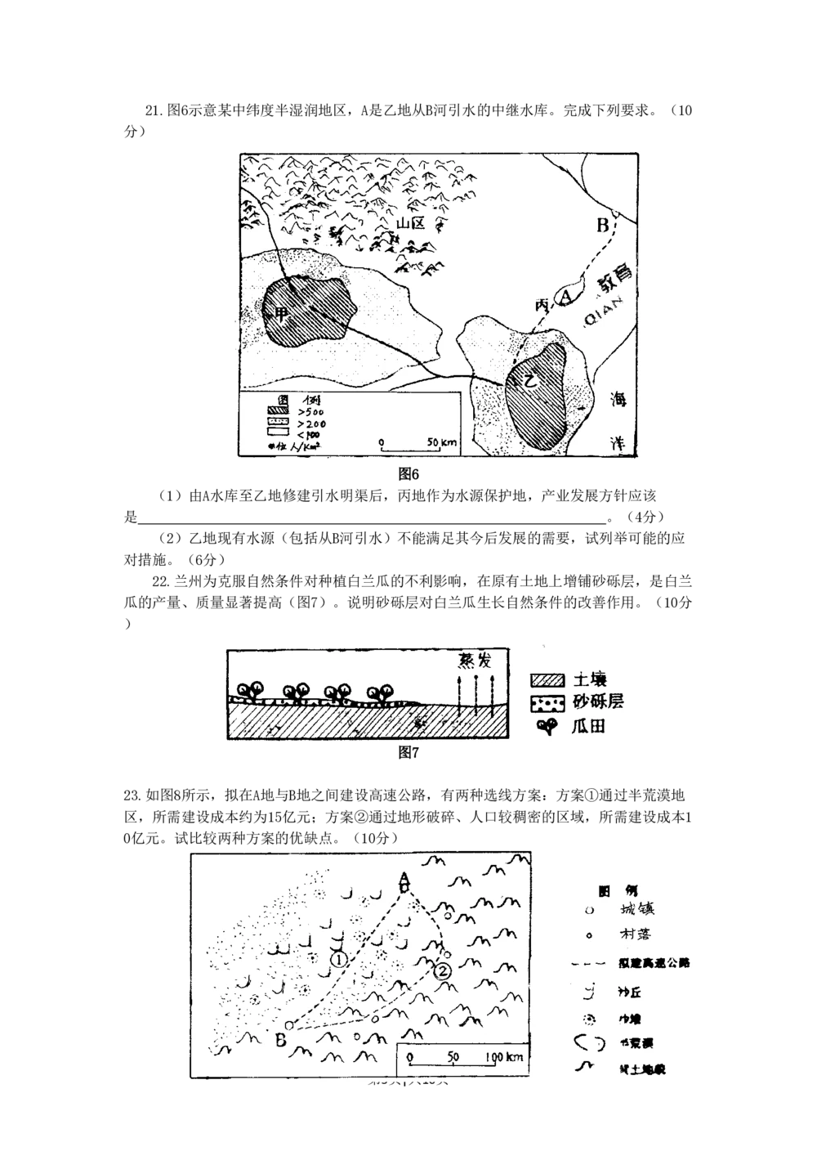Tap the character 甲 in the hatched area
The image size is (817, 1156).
282,313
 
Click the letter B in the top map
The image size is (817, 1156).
604,224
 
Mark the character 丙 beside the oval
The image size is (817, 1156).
542,304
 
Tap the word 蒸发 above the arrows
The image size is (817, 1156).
471,661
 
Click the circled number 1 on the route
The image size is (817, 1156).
339,958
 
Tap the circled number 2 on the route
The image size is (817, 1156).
442,971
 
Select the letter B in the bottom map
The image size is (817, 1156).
279,1041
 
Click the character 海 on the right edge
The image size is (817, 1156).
623,401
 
